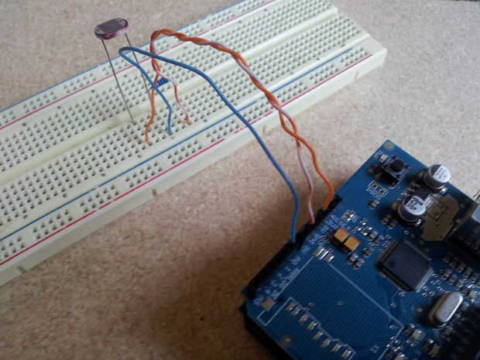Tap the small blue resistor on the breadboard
point(161,81)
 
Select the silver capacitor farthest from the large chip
point(437,176)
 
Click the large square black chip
point(404,264)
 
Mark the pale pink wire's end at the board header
point(313,218)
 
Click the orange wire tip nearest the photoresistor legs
point(147,140)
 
